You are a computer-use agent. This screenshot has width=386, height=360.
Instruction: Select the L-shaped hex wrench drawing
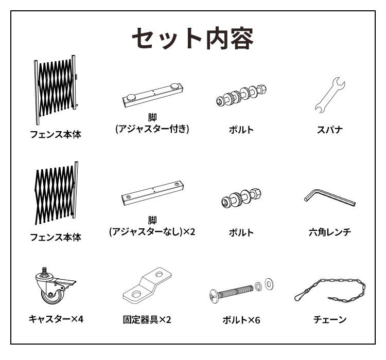point(329,197)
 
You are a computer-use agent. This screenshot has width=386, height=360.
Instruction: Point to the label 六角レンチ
point(330,232)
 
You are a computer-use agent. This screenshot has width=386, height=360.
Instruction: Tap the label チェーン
point(330,320)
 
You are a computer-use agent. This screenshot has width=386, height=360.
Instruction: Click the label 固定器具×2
point(148,319)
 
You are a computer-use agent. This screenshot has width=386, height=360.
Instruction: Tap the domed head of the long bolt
point(215,295)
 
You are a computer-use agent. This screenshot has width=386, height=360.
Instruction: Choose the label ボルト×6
point(241,320)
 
